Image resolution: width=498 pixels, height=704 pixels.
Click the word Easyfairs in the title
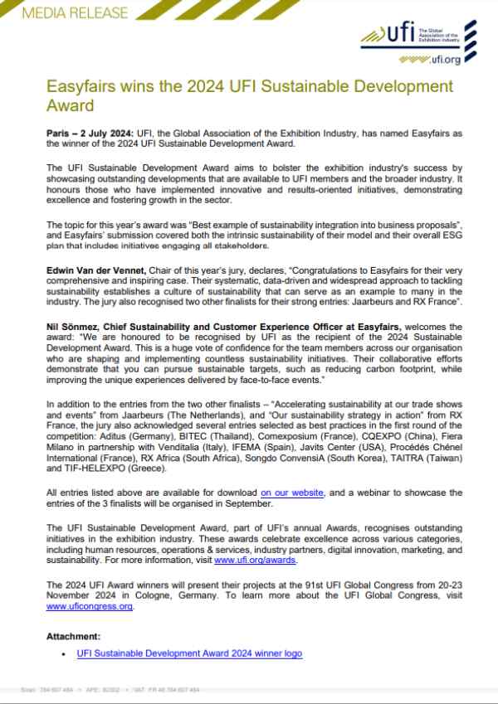[80, 87]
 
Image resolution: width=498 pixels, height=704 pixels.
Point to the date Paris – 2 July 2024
[93, 134]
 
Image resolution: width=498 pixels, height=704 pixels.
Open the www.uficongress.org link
[90, 605]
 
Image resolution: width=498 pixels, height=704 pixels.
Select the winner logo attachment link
[189, 653]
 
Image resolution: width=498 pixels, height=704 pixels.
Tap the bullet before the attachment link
[64, 654]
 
